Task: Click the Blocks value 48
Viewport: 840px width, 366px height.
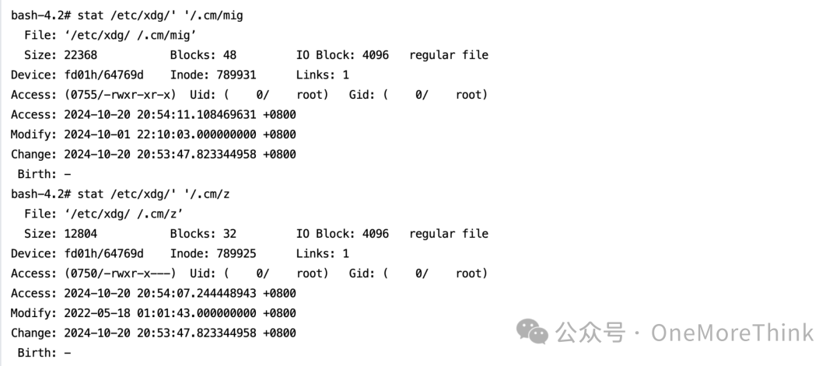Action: (x=229, y=55)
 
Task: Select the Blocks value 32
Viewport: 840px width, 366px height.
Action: (x=229, y=233)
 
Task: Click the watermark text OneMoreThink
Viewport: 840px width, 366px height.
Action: (x=732, y=333)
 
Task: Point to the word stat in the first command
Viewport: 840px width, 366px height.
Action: (x=90, y=16)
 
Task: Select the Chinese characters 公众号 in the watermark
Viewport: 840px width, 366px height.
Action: (x=590, y=333)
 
